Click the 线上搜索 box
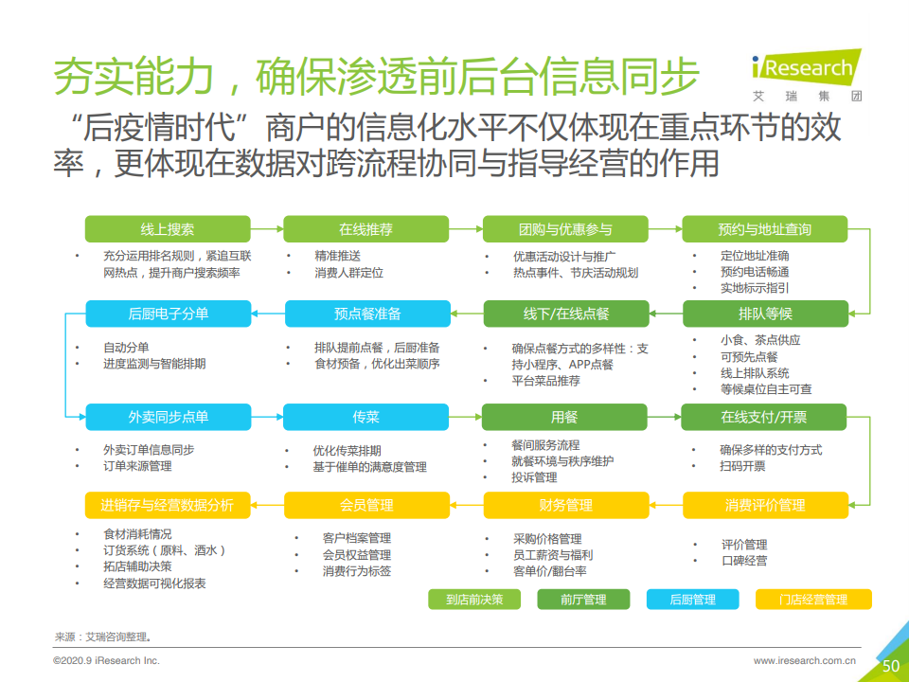[168, 229]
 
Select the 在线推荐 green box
[365, 229]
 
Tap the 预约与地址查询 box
[765, 229]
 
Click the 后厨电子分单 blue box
[169, 314]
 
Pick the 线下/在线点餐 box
[566, 314]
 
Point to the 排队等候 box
[765, 314]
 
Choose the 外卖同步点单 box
[169, 417]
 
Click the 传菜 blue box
[365, 417]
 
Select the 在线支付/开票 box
[763, 417]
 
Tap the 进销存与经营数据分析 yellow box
[168, 505]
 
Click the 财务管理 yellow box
[566, 505]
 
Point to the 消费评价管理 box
[765, 505]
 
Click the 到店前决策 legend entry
[474, 599]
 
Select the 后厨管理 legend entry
[693, 599]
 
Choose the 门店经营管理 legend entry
[813, 599]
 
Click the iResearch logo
[807, 76]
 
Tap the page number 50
[890, 666]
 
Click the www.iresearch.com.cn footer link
[805, 660]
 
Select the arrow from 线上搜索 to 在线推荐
[267, 229]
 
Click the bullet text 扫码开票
[742, 466]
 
